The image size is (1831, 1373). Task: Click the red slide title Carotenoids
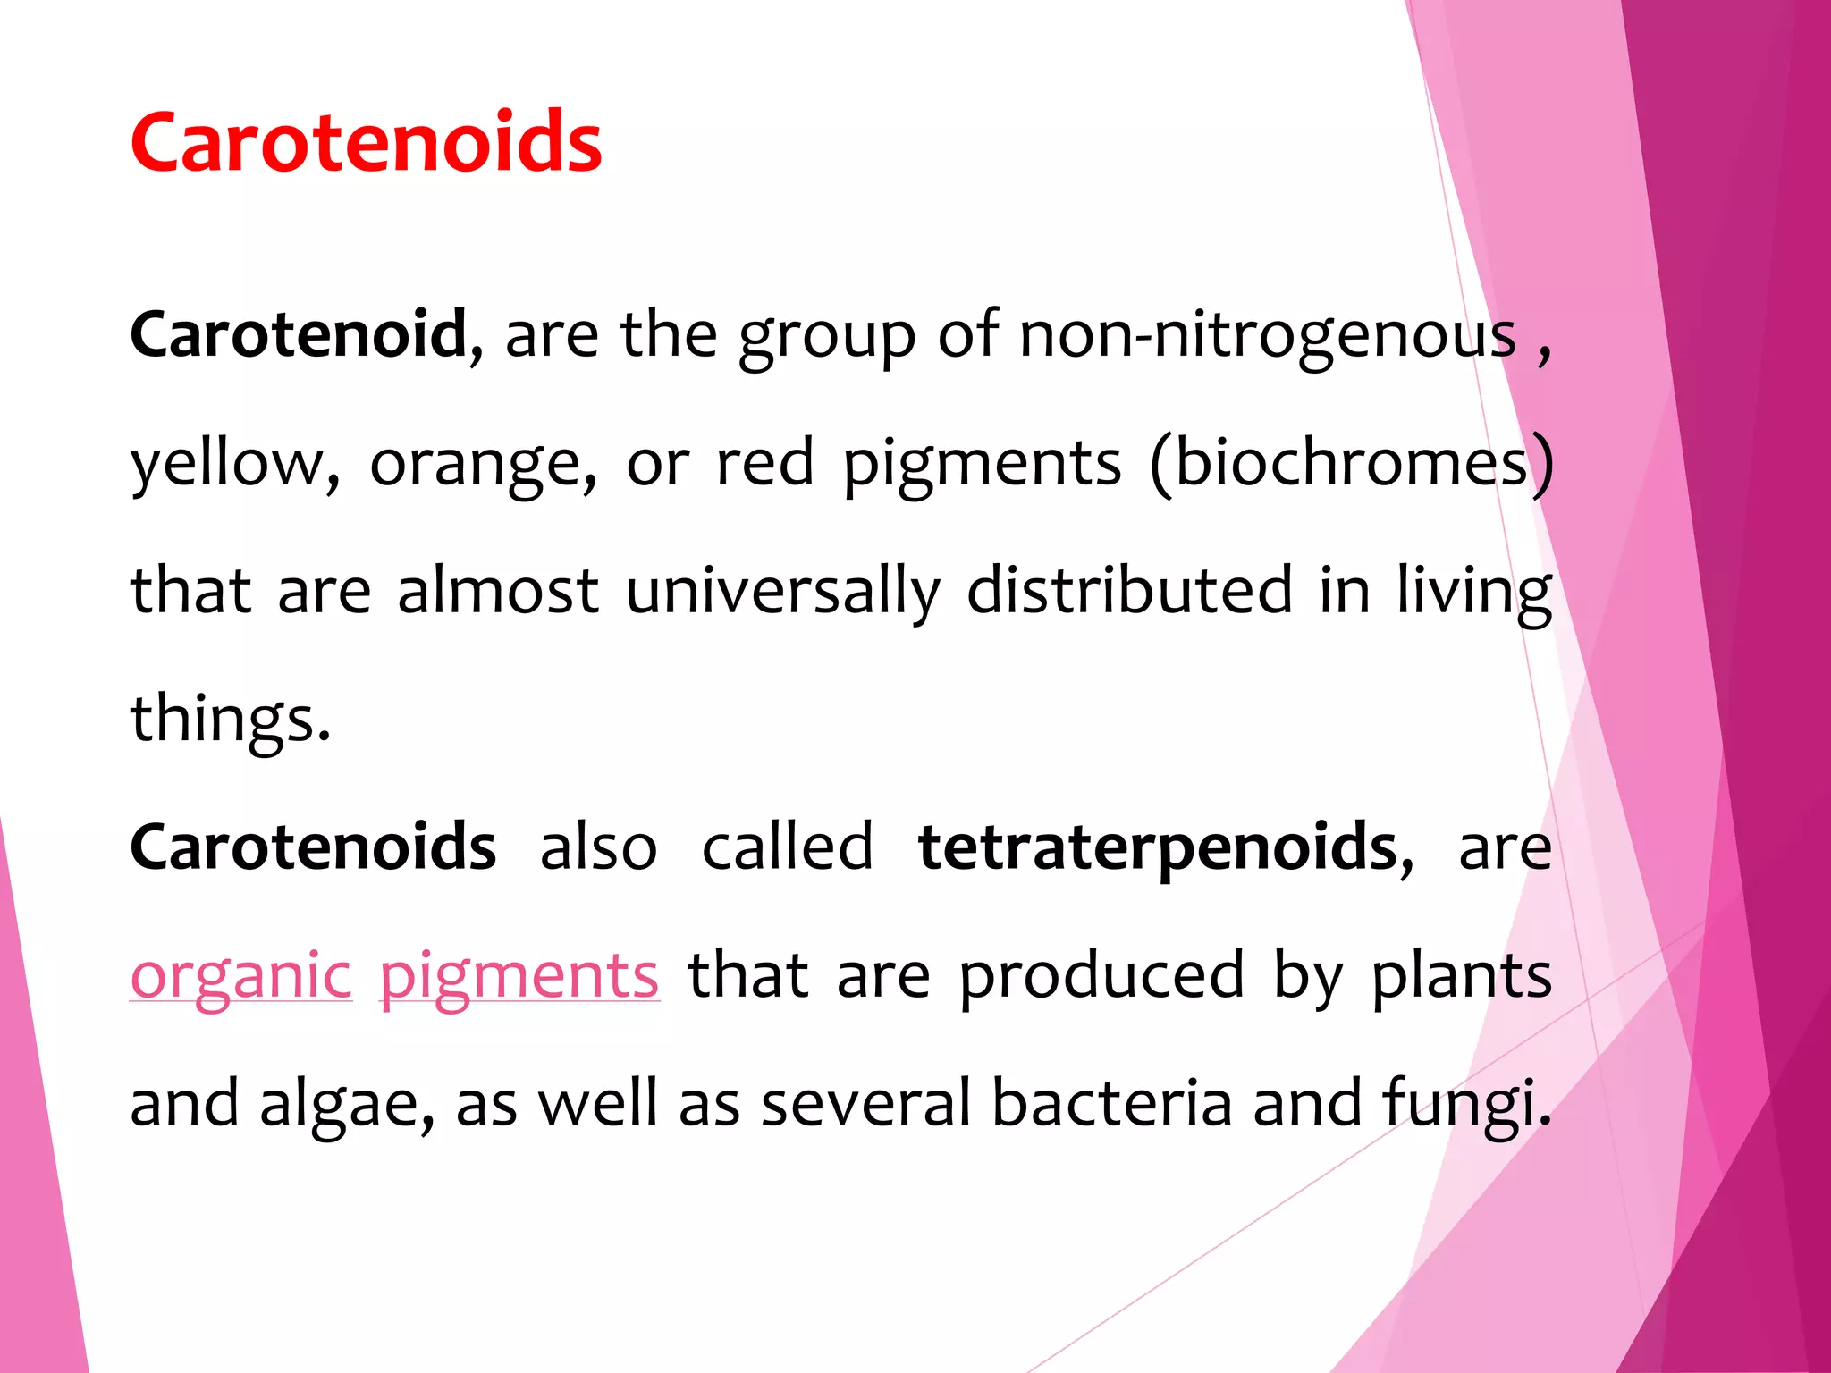[x=366, y=143]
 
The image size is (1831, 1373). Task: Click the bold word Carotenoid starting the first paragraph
[x=299, y=334]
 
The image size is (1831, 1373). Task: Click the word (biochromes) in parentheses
[x=1352, y=463]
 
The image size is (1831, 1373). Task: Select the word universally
[x=782, y=591]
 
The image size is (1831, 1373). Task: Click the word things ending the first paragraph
[x=230, y=719]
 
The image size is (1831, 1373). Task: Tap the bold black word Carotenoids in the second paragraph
[x=313, y=847]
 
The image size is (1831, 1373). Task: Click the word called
[x=787, y=847]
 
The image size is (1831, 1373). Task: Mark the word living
[x=1474, y=591]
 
